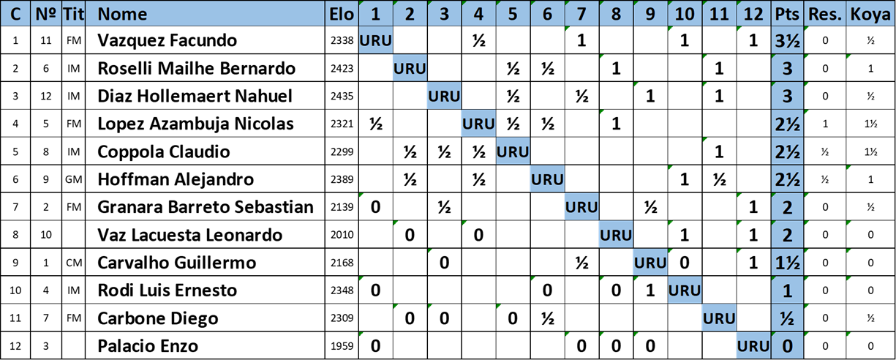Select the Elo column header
342,14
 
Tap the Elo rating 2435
342,97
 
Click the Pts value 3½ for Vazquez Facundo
787,41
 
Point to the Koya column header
870,14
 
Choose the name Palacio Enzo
148,346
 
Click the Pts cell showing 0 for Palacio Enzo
787,346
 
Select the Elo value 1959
342,346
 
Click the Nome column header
122,14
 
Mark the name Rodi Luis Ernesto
167,291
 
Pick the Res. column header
825,14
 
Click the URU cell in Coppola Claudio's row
513,152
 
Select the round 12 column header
753,14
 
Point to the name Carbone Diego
157,319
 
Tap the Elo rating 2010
342,236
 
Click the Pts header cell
787,14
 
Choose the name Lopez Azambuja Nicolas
195,124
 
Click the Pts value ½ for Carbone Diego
787,319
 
